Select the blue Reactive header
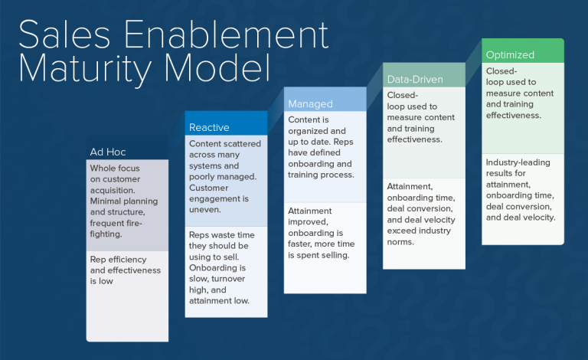pyautogui.click(x=209, y=127)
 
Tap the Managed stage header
pyautogui.click(x=310, y=103)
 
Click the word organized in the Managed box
pyautogui.click(x=310, y=131)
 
